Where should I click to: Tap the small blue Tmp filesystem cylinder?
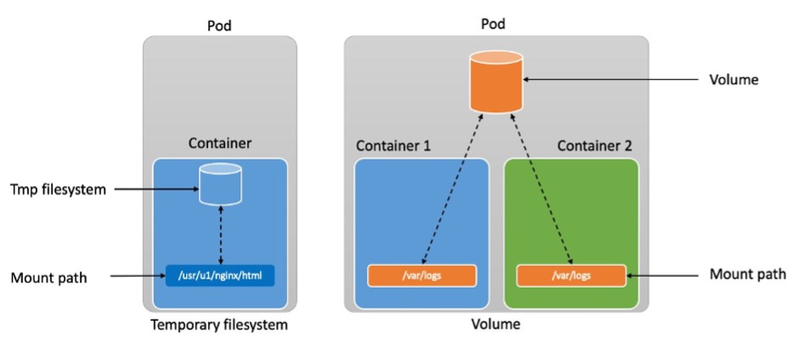[221, 184]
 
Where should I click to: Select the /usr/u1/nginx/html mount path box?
[221, 276]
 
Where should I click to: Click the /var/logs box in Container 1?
[421, 276]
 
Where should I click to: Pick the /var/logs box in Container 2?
[571, 276]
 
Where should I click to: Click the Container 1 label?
[392, 146]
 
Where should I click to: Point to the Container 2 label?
[595, 146]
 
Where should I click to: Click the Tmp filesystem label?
[59, 189]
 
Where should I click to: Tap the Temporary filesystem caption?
[219, 324]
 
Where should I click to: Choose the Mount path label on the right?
[747, 274]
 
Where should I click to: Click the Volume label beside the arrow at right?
[733, 81]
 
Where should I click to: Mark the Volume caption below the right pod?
[497, 323]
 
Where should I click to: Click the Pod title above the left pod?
[220, 25]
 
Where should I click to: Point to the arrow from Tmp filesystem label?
[153, 188]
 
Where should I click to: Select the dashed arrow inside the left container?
[221, 233]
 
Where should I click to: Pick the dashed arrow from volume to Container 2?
[544, 187]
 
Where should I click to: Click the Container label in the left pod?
[220, 143]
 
